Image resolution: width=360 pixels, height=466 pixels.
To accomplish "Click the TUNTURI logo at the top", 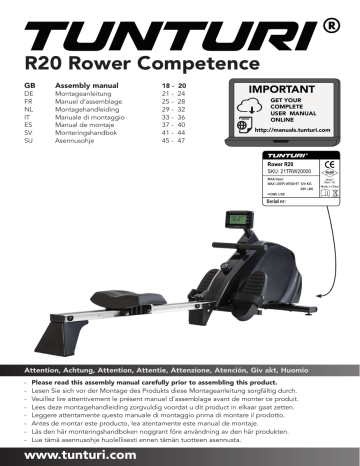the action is pos(165,37).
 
